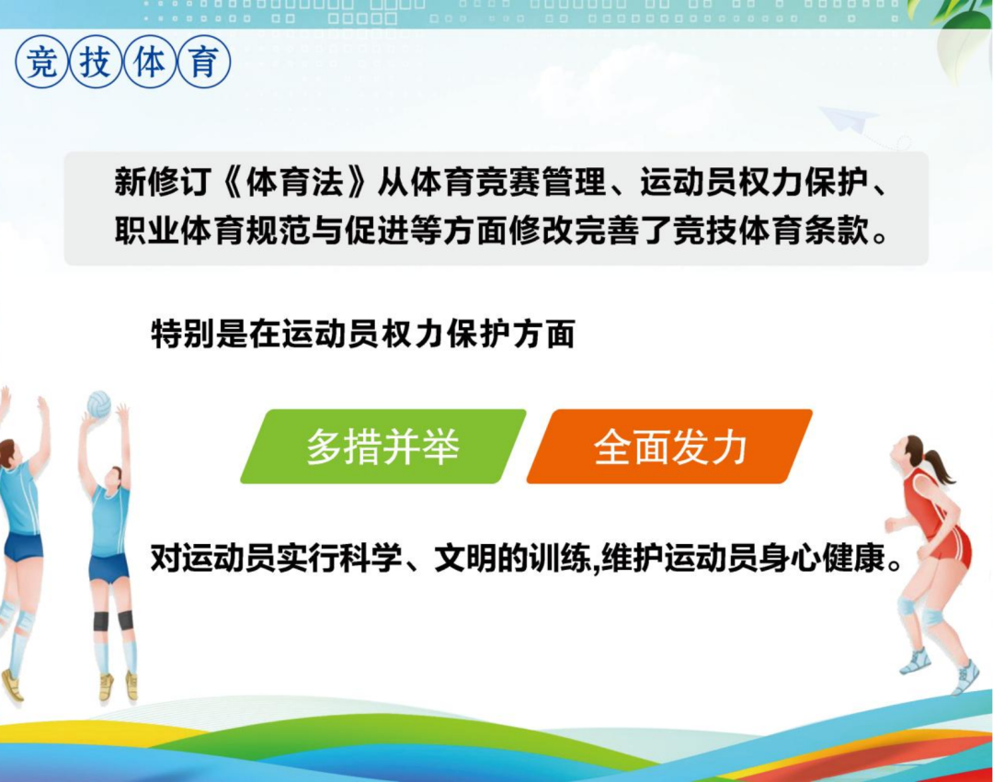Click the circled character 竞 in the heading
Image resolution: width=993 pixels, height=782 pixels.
click(x=41, y=62)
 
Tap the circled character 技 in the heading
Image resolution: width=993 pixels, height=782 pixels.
click(x=96, y=62)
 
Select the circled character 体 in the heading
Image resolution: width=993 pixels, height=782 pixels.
click(x=150, y=62)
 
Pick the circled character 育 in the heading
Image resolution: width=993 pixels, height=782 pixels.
click(x=204, y=62)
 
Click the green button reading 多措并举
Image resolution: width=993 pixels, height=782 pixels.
click(x=382, y=447)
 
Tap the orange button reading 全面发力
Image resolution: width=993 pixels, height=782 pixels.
click(x=669, y=447)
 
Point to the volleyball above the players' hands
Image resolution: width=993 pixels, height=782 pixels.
click(x=98, y=404)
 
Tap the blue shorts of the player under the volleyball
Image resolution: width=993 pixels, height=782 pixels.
click(x=109, y=567)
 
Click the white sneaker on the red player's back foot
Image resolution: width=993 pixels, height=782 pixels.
click(x=916, y=662)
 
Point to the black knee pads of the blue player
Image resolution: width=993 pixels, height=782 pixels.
click(x=113, y=620)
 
